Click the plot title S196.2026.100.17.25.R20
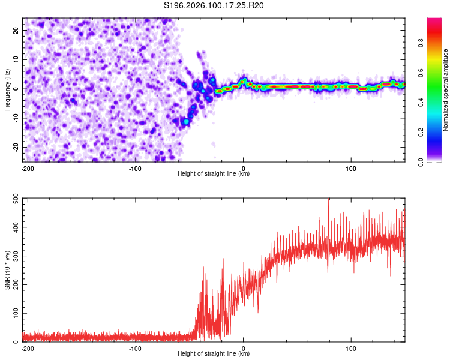[x=214, y=6]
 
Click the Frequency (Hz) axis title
[x=7, y=89]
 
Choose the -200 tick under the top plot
[x=27, y=167]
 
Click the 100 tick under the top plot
[x=351, y=167]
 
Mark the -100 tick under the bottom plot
[x=135, y=347]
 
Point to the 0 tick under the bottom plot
[x=243, y=347]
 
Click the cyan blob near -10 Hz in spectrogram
[x=187, y=122]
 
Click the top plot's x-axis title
[x=214, y=174]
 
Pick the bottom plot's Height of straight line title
[x=214, y=354]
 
